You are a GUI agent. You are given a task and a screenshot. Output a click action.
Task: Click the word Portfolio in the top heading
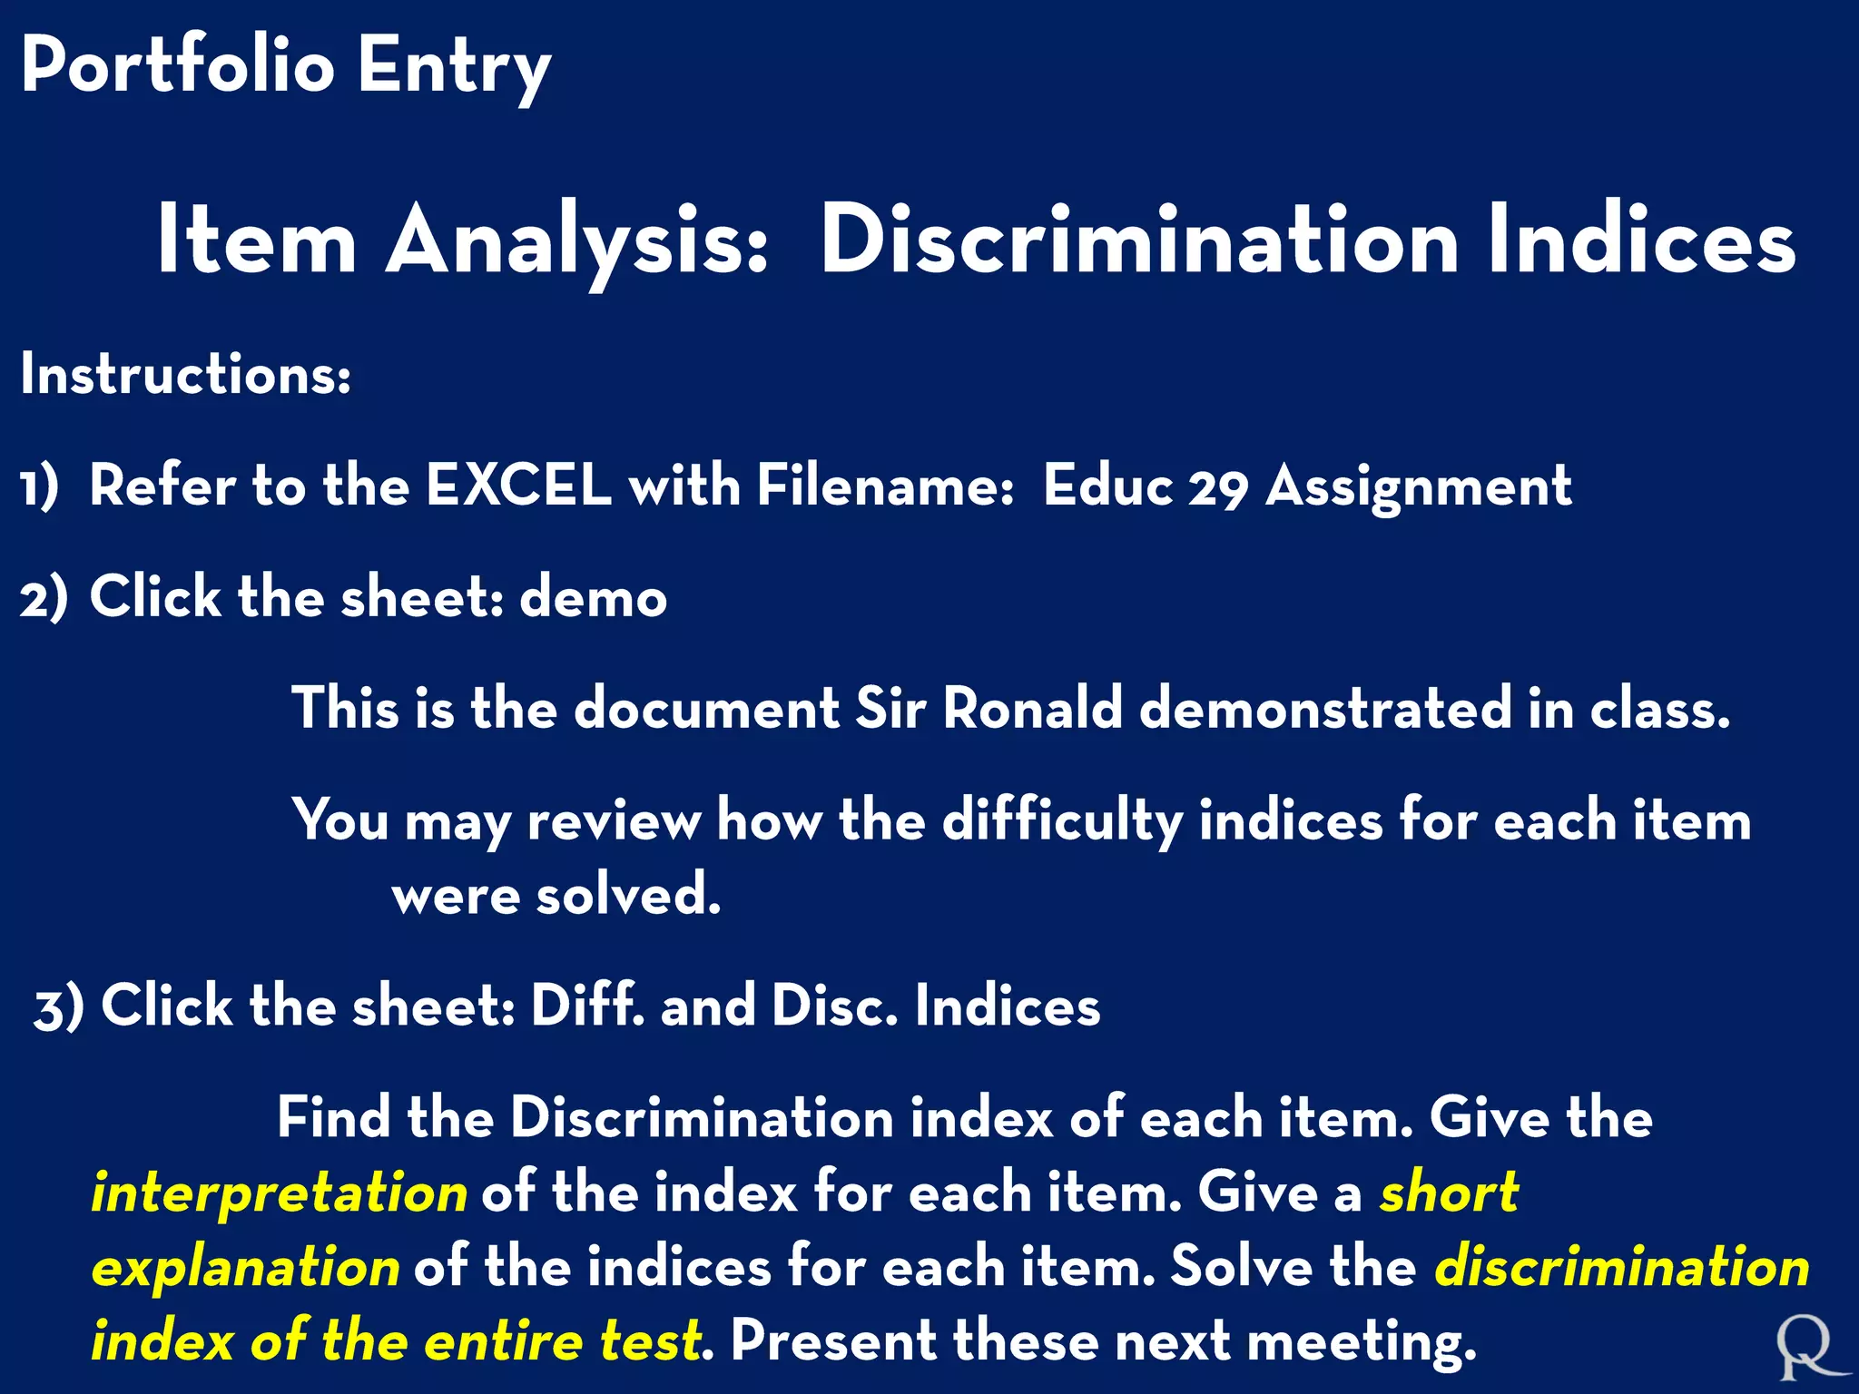click(x=178, y=65)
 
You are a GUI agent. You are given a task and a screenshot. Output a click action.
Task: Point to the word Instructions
click(x=185, y=374)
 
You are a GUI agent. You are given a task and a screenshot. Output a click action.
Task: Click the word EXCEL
click(x=518, y=486)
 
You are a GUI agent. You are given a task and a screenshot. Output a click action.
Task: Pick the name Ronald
click(x=1033, y=709)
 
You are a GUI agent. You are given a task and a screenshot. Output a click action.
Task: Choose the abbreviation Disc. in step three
click(x=834, y=1006)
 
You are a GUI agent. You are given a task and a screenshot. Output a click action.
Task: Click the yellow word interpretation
click(x=280, y=1193)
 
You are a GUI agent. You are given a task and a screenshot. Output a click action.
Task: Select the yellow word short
click(x=1449, y=1193)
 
